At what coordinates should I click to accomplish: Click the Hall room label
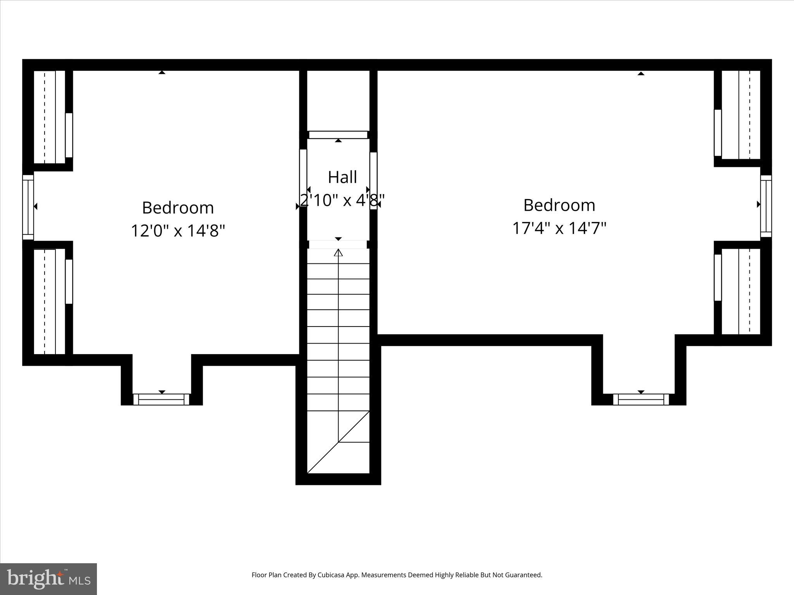click(x=342, y=177)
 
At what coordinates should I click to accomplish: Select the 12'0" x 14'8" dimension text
click(x=178, y=231)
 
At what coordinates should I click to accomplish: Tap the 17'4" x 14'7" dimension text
click(x=559, y=228)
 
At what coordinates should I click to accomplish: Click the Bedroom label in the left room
click(x=178, y=208)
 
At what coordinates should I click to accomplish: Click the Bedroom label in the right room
click(x=559, y=205)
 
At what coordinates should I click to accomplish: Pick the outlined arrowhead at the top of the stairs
click(x=338, y=253)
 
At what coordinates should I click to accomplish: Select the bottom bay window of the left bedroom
click(x=161, y=399)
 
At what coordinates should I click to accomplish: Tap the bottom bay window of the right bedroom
click(x=641, y=399)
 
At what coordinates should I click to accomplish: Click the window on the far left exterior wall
click(x=28, y=207)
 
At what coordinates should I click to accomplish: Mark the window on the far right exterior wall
click(x=766, y=206)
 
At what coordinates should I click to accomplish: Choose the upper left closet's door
click(x=69, y=135)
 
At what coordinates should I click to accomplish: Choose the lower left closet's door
click(x=69, y=281)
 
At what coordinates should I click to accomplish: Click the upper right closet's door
click(x=718, y=132)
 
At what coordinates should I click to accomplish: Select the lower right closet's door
click(x=718, y=277)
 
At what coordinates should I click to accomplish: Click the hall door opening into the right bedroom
click(x=373, y=181)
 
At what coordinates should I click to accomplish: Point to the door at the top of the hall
click(x=338, y=135)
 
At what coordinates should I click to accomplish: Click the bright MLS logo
click(x=48, y=579)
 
